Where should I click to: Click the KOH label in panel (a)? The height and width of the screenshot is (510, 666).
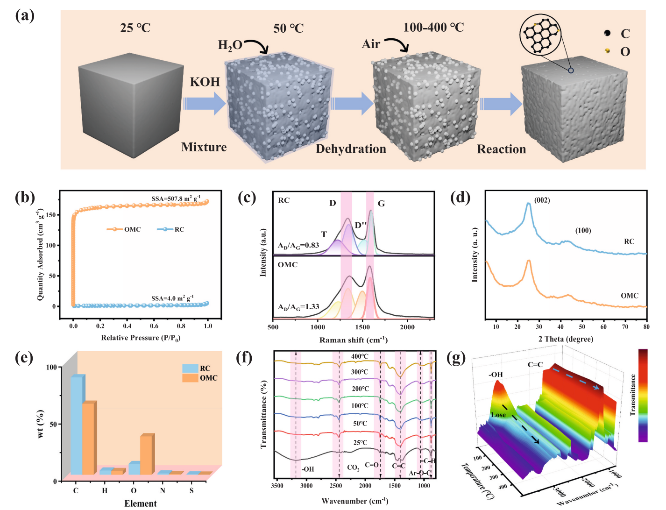click(205, 82)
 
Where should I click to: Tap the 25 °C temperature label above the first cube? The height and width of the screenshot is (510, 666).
click(135, 28)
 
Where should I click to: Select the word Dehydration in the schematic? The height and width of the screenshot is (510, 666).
click(351, 149)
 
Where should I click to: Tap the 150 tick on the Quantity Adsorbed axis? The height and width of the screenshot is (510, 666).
click(51, 215)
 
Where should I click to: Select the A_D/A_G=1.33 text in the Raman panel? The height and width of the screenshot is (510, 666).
click(298, 307)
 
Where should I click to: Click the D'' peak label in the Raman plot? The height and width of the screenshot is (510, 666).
click(361, 225)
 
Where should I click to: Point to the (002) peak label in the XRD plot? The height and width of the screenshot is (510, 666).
click(542, 200)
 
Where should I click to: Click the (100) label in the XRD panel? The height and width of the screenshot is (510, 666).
click(583, 230)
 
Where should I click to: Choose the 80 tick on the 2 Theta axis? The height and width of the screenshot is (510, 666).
click(646, 327)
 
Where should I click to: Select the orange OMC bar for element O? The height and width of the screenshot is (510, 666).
click(147, 454)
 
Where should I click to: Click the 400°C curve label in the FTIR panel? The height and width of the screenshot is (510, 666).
click(360, 356)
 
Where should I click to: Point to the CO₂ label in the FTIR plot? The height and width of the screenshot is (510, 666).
click(354, 467)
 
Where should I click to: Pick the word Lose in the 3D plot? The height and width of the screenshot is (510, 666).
click(498, 415)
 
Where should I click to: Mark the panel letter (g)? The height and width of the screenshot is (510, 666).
click(456, 358)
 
